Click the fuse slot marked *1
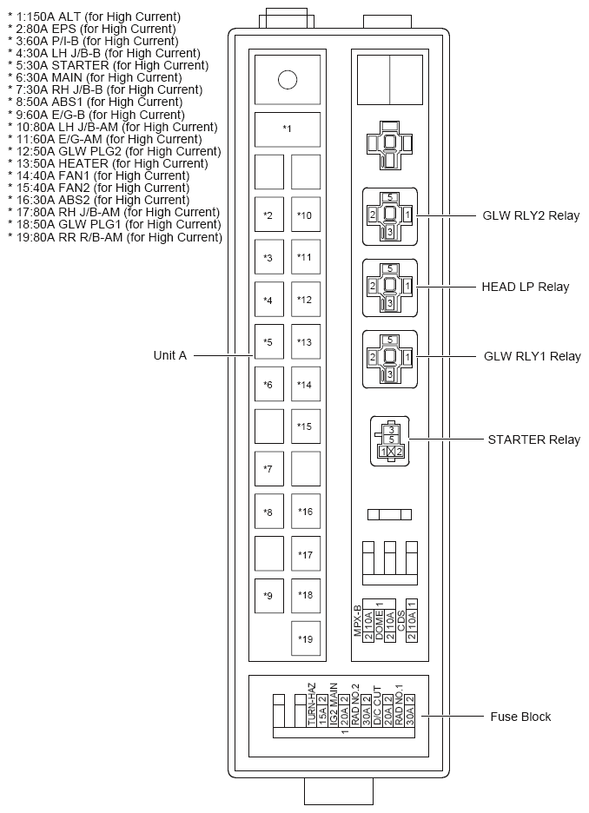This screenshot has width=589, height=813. [x=288, y=129]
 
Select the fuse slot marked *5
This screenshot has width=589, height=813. [x=268, y=341]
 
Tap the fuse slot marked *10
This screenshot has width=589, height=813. [x=305, y=215]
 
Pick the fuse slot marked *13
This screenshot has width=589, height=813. [x=305, y=341]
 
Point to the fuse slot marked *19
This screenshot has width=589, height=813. [x=305, y=639]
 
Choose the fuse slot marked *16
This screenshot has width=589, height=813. [x=305, y=512]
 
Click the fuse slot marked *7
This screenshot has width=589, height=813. [x=268, y=469]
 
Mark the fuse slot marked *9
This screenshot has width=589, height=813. [x=268, y=596]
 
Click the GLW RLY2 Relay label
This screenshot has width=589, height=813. [x=531, y=215]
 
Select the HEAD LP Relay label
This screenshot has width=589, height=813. [x=526, y=287]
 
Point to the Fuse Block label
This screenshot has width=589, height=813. [x=520, y=717]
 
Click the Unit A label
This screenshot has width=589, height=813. [x=170, y=355]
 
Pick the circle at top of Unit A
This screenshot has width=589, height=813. [x=288, y=81]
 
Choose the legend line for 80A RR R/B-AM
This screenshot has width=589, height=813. [x=115, y=237]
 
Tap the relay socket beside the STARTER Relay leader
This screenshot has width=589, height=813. [x=389, y=440]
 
